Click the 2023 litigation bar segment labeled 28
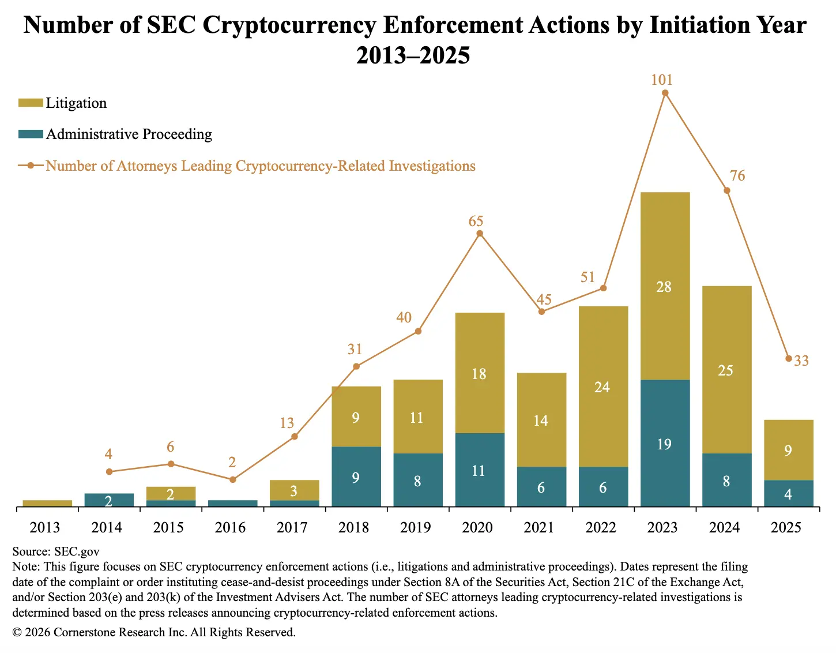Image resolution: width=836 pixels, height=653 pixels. point(665,286)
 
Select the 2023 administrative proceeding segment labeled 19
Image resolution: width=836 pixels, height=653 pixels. point(665,443)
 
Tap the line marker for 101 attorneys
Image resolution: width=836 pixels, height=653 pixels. point(665,93)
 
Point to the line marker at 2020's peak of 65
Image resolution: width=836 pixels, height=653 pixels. point(480,234)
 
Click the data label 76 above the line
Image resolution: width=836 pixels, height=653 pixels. point(737,176)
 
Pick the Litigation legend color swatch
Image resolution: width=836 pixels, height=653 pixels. point(31,103)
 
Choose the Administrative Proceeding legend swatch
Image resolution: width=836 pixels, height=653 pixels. point(31,134)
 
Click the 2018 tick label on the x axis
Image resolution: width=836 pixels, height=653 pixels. point(353,527)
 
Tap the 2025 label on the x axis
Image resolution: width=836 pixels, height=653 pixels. point(786,527)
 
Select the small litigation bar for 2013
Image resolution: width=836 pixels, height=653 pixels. point(47,504)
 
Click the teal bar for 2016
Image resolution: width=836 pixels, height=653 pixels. point(232,504)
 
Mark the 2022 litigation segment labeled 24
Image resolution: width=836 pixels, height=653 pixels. point(603,386)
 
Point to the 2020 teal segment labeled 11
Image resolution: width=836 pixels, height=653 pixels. point(480,470)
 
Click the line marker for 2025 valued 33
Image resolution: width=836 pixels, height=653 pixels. point(789,359)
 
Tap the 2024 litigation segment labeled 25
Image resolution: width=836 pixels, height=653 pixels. point(726,370)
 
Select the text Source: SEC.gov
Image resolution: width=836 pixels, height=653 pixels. point(56,551)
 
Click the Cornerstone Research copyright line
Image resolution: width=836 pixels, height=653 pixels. point(154,632)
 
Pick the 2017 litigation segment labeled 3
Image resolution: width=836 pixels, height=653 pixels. point(294,490)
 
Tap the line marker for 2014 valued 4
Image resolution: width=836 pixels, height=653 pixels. point(109,472)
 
